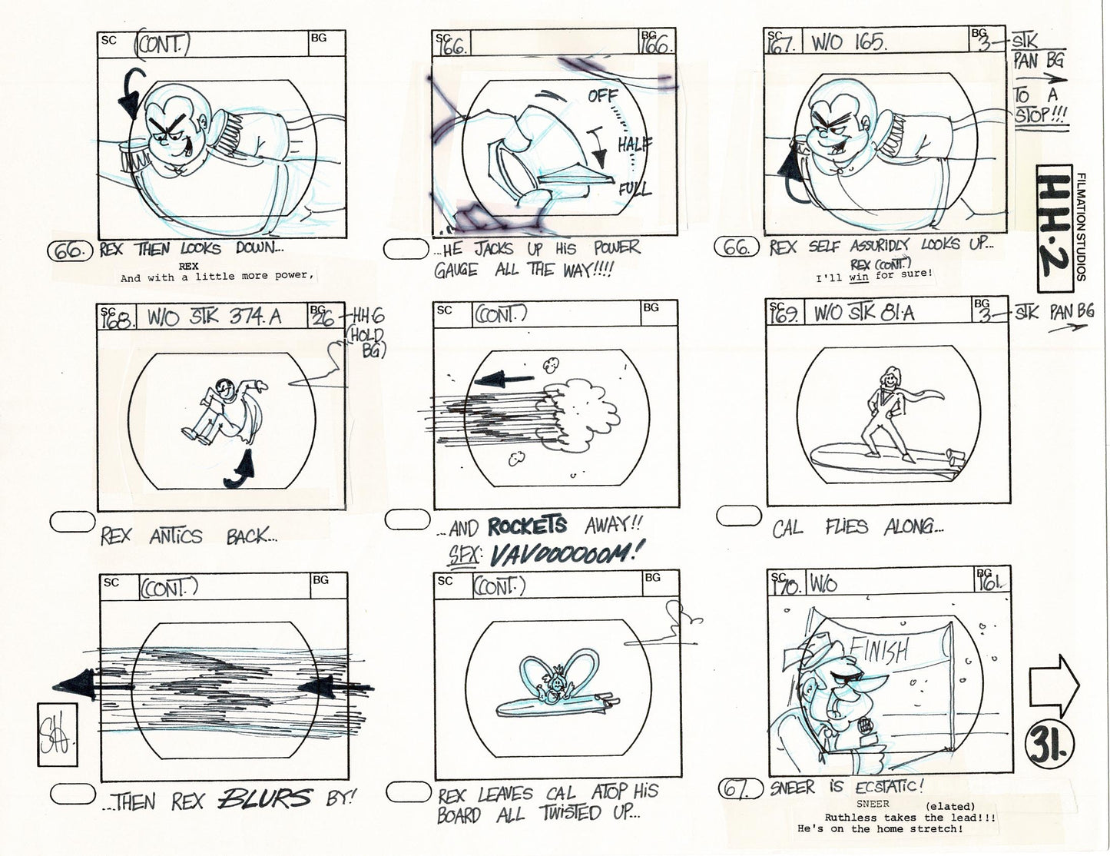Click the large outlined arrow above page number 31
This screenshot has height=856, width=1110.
tap(1054, 684)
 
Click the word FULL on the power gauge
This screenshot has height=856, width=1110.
tap(635, 189)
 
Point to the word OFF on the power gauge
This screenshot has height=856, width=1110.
tap(603, 96)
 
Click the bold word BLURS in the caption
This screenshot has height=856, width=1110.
tap(265, 799)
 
